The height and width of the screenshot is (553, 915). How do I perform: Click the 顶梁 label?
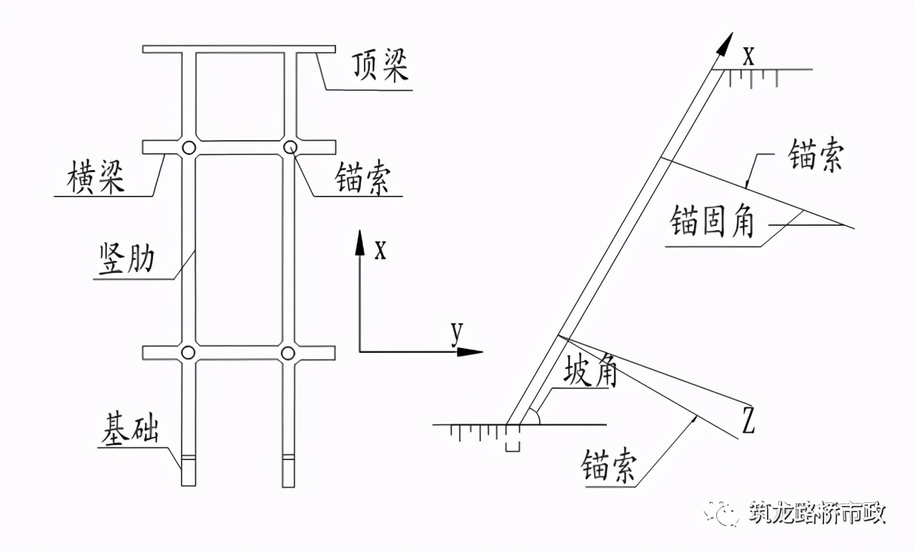click(x=380, y=67)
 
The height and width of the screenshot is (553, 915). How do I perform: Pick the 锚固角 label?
click(x=712, y=223)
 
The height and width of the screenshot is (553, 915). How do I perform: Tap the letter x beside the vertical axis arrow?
click(x=380, y=249)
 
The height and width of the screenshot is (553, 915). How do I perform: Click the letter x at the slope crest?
click(x=748, y=56)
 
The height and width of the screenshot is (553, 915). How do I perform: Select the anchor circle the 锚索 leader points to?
click(x=290, y=147)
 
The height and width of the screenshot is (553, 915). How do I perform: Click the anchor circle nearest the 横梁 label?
click(x=188, y=148)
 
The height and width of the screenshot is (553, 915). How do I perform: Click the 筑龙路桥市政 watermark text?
click(x=817, y=514)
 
